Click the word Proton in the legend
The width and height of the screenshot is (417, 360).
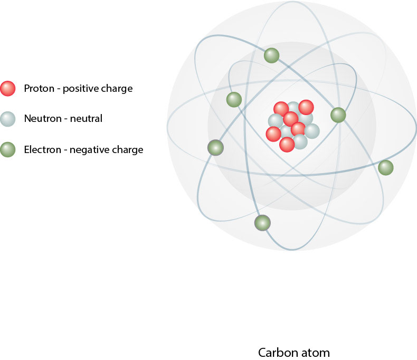coord(39,89)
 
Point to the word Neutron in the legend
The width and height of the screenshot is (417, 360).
coord(41,119)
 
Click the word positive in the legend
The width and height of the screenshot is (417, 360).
coord(80,89)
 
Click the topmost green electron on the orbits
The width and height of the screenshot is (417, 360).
coord(271,55)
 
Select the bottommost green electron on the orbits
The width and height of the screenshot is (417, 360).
coord(262,223)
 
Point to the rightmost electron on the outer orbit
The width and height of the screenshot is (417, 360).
coord(386,168)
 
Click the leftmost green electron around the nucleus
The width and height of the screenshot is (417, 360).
coord(215,148)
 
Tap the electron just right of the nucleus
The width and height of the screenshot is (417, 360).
coord(338,115)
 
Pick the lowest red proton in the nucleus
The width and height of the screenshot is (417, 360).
coord(287,144)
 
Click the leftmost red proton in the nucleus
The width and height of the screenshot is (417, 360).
coord(273,134)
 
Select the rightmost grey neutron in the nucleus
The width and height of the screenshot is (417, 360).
coord(312,131)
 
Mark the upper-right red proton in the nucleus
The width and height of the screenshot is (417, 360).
coord(306,107)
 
